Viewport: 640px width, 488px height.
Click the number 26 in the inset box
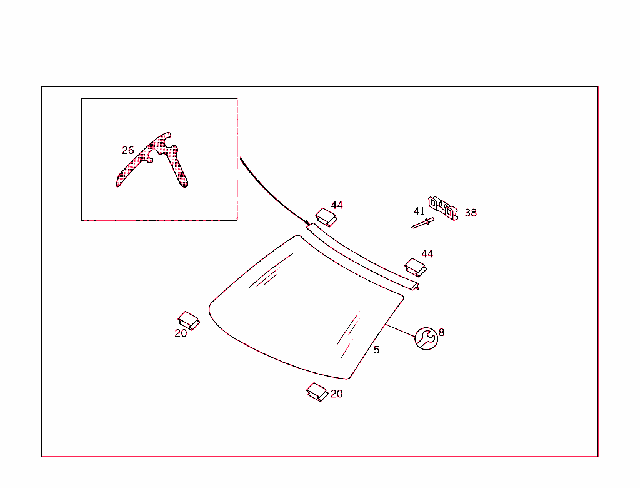click(x=127, y=150)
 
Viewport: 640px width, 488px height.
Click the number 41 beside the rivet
click(x=419, y=211)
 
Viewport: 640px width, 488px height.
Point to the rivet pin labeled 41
click(x=423, y=223)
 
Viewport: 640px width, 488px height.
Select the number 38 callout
click(x=471, y=213)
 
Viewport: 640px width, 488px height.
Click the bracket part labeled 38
click(x=443, y=208)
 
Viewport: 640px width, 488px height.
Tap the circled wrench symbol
click(x=426, y=338)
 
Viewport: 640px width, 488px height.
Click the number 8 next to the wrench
click(x=442, y=332)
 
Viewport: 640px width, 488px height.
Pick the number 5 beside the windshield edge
click(x=376, y=350)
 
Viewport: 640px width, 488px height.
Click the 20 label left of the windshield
click(x=181, y=333)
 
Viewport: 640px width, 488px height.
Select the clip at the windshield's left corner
click(x=189, y=320)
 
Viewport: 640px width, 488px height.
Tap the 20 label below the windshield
click(x=337, y=394)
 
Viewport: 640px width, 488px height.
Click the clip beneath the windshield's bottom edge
click(x=317, y=392)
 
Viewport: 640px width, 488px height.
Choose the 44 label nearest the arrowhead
click(x=337, y=205)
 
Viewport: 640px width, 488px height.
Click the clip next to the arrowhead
click(x=326, y=218)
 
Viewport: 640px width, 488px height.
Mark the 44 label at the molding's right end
click(x=427, y=253)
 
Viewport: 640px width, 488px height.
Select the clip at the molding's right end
click(x=416, y=267)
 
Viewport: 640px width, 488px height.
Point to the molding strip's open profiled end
click(x=414, y=286)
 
